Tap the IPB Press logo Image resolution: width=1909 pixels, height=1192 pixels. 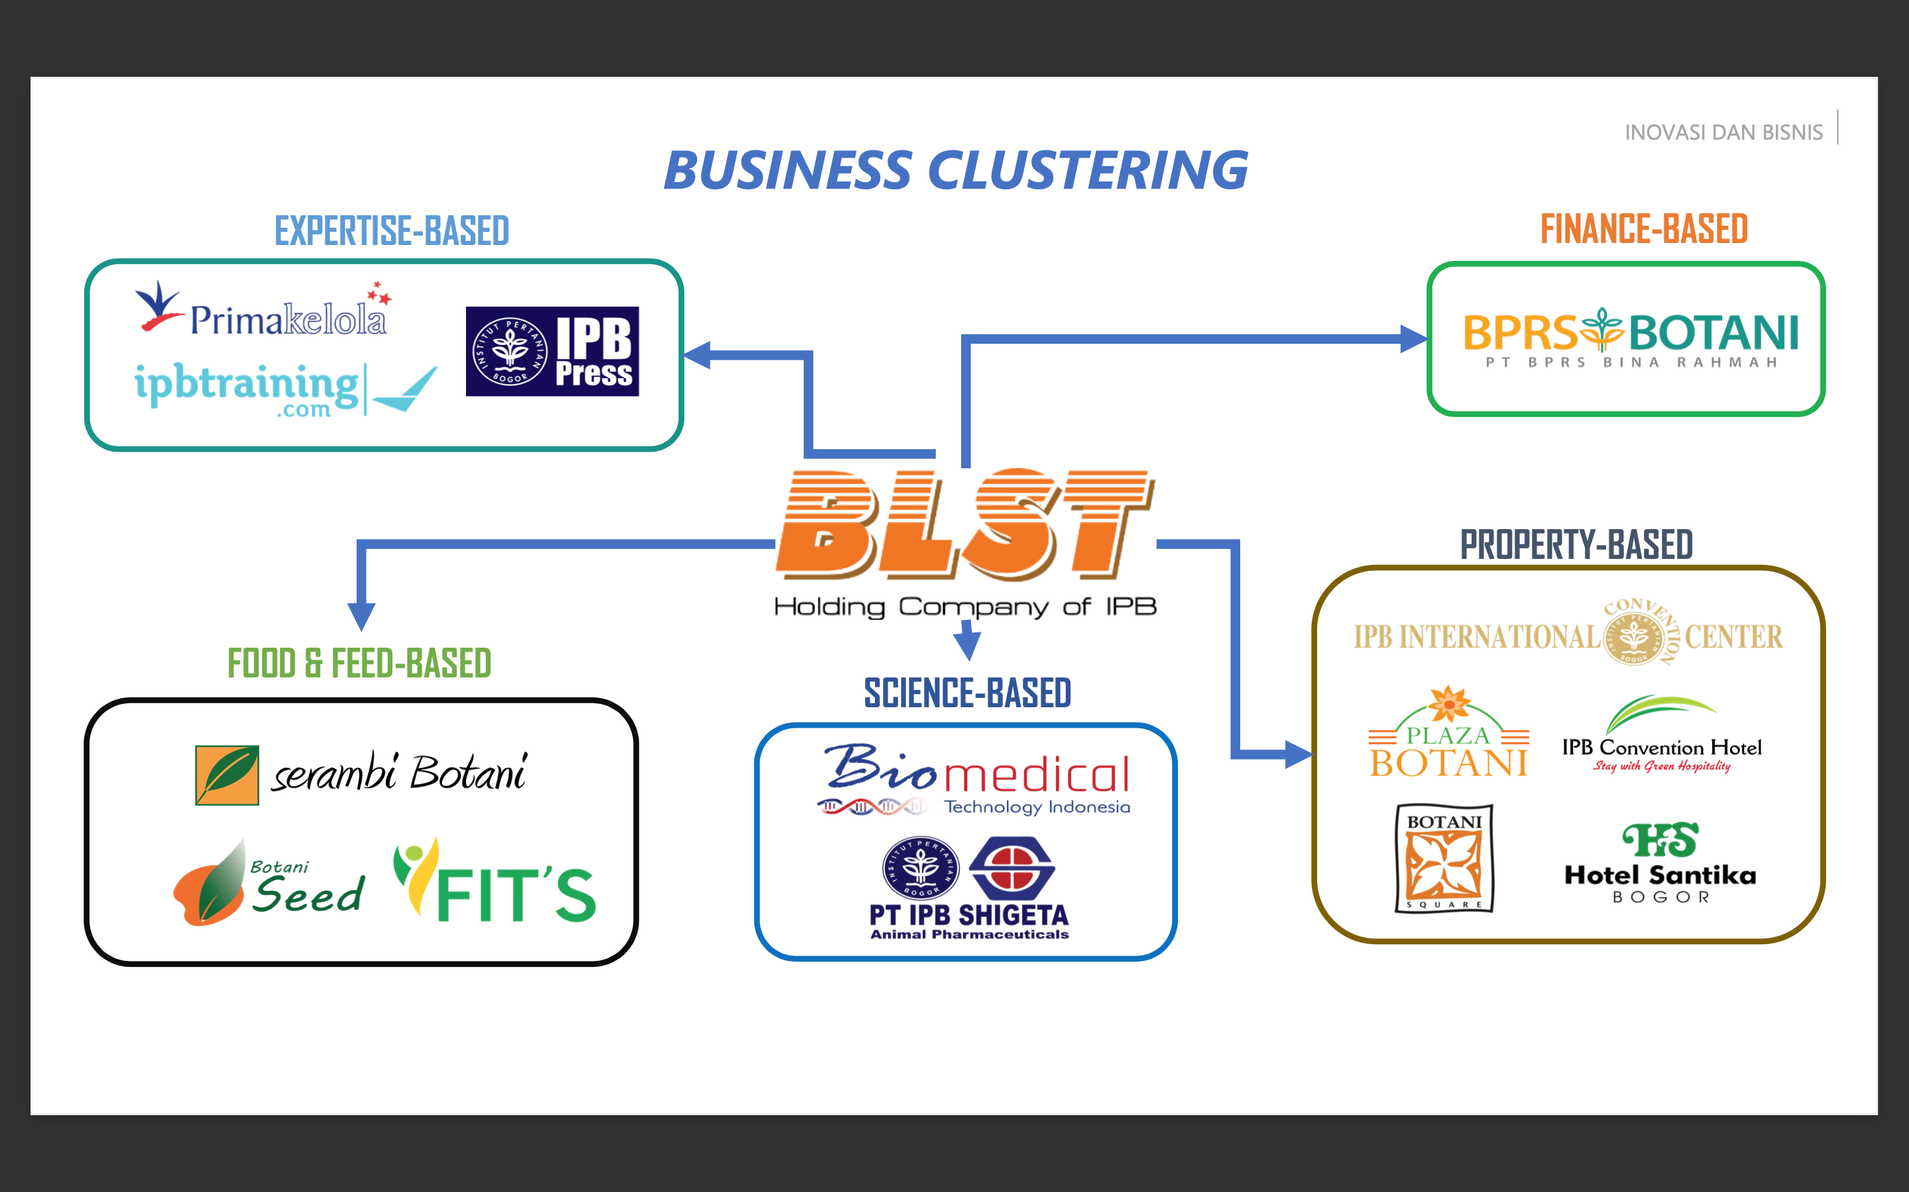[x=552, y=352]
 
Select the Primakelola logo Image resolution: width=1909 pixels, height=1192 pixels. [x=264, y=311]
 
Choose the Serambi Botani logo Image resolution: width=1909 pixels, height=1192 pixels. [x=361, y=774]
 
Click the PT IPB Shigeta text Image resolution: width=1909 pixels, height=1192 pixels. [x=968, y=915]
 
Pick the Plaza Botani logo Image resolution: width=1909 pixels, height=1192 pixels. [x=1448, y=734]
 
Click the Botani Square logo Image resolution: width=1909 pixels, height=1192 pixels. [x=1444, y=858]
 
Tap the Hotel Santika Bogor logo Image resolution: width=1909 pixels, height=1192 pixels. [x=1660, y=864]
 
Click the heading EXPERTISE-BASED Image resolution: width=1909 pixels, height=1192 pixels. [x=391, y=232]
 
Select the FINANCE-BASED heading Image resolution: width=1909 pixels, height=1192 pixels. [x=1644, y=229]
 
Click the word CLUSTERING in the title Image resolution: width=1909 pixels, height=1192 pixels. [x=1088, y=171]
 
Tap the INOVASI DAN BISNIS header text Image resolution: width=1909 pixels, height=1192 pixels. [x=1723, y=132]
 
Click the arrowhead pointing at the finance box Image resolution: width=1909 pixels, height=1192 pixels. [x=1415, y=339]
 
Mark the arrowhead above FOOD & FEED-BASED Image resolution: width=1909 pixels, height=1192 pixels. [x=361, y=615]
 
